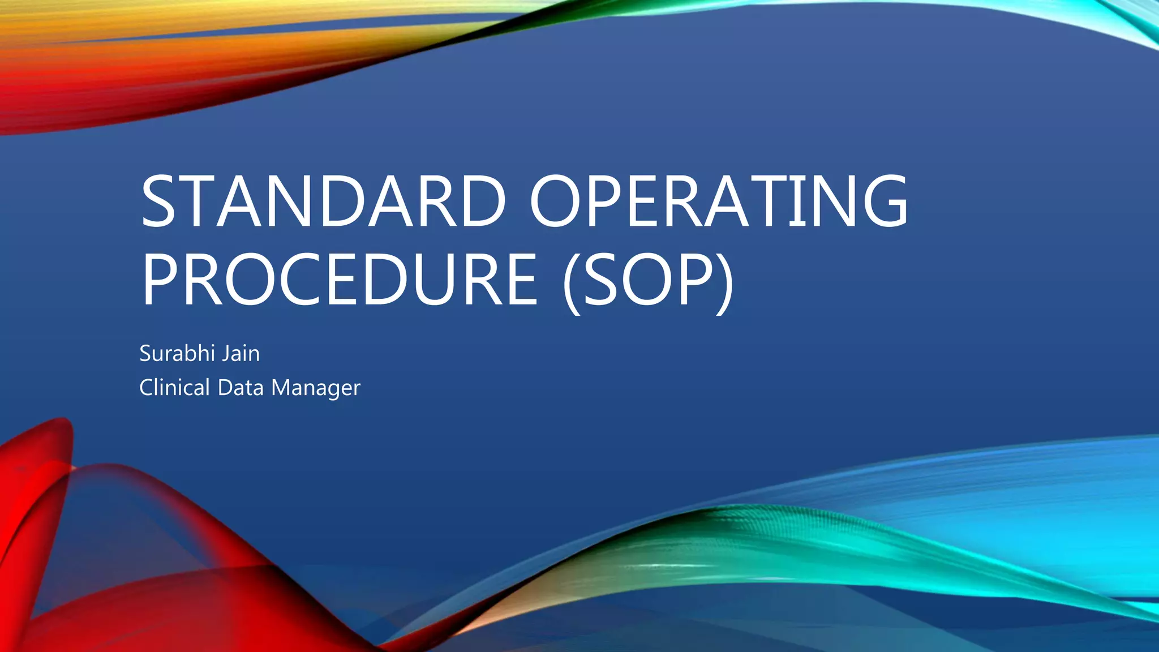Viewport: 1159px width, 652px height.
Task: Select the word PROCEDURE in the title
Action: click(339, 280)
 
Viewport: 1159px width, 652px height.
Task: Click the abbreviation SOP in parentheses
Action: click(649, 280)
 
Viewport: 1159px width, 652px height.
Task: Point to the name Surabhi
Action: click(177, 354)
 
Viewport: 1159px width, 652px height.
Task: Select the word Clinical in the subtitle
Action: click(174, 388)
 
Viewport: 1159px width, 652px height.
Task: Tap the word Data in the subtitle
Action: click(241, 388)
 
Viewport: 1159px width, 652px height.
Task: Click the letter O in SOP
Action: click(648, 280)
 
